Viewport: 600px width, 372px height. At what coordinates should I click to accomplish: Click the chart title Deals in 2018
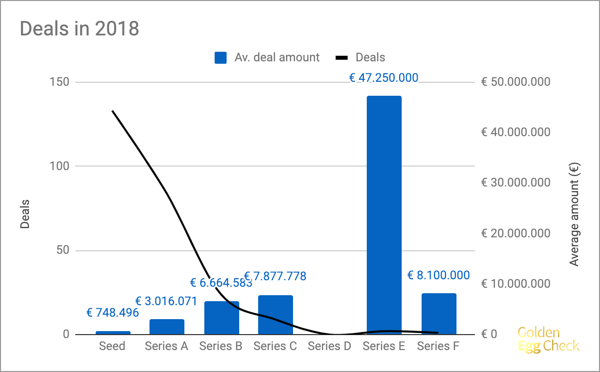(79, 28)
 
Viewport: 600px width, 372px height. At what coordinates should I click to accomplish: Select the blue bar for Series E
(384, 214)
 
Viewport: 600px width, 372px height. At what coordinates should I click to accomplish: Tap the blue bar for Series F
(439, 314)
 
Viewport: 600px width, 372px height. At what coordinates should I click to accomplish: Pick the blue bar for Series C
(275, 315)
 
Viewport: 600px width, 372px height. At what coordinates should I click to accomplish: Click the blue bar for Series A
(166, 327)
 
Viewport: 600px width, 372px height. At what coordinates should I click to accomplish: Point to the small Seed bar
(113, 333)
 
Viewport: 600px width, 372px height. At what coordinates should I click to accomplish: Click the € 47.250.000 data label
(383, 78)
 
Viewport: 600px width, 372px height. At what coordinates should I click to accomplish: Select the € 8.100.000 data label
(439, 275)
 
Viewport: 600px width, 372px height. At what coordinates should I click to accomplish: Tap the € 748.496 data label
(113, 313)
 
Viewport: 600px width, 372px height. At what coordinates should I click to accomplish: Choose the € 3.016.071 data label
(166, 301)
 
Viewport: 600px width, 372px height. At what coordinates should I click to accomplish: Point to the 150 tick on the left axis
(59, 82)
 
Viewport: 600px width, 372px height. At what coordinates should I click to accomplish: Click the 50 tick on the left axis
(62, 250)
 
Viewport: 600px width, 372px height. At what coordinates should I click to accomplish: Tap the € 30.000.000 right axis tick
(516, 183)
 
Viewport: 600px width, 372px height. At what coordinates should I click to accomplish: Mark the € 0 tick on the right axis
(489, 334)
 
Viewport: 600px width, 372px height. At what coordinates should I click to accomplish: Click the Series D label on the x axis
(329, 346)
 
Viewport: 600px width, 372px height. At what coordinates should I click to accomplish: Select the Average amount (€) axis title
(575, 216)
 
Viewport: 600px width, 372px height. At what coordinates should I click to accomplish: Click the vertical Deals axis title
(25, 214)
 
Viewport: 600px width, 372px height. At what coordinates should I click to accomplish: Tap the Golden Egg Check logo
(548, 339)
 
